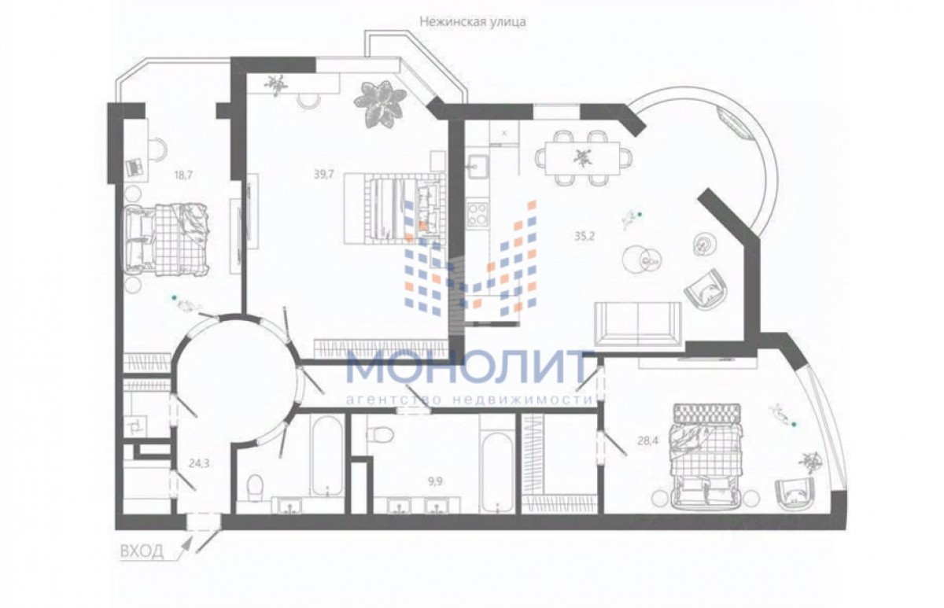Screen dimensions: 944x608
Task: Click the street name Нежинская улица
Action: (x=473, y=22)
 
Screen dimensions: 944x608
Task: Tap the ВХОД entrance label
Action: (x=142, y=551)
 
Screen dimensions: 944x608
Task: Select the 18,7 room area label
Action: (x=183, y=175)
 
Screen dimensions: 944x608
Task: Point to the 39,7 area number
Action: (x=323, y=174)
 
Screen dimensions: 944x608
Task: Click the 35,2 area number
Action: (x=584, y=236)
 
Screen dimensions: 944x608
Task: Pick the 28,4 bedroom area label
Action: (x=647, y=440)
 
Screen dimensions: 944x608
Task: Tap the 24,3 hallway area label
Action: (x=199, y=464)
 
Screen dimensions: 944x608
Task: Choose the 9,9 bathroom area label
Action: (x=435, y=481)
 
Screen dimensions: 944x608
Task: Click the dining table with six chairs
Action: (x=584, y=158)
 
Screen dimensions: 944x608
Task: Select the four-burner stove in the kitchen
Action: (x=478, y=215)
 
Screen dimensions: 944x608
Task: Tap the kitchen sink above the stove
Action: (x=478, y=167)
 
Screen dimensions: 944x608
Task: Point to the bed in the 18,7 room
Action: (x=167, y=239)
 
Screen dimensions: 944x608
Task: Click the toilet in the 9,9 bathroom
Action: (x=380, y=433)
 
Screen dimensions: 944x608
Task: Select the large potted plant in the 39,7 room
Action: (x=380, y=104)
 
